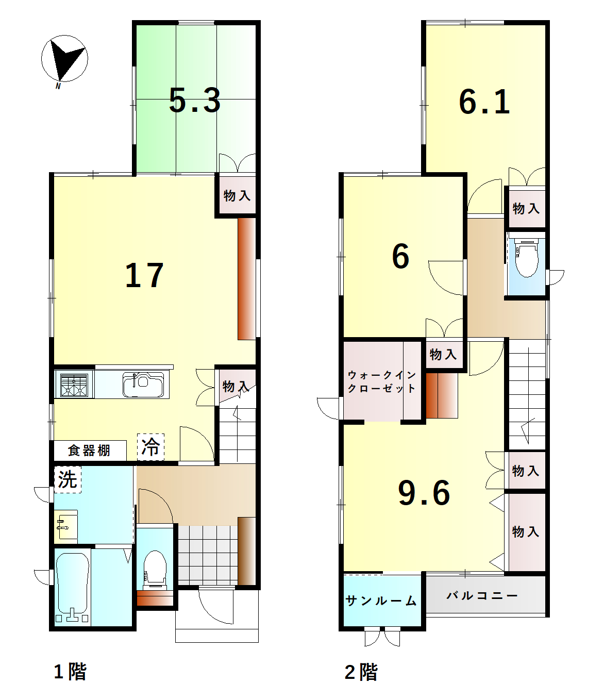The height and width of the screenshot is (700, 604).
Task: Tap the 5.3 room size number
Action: coord(195,101)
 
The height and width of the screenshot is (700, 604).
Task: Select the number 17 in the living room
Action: coord(145,276)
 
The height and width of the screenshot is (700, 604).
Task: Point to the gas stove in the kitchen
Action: coord(74,385)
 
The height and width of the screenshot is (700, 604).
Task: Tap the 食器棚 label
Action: coord(89,451)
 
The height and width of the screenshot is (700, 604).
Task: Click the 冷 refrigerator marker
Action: coord(150,447)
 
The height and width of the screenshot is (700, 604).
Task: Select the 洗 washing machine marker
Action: coord(68,479)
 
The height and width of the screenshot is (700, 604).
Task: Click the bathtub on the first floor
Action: coord(73,588)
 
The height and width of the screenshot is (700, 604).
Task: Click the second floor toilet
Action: coord(527,258)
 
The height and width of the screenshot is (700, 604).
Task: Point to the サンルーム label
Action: coord(381,601)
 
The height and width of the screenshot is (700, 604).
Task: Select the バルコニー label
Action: coord(482,595)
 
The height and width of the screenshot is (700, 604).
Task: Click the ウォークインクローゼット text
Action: coord(382,381)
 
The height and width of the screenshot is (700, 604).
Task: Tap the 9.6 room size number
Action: coord(424,493)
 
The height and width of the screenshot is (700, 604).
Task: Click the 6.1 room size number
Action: coord(484,102)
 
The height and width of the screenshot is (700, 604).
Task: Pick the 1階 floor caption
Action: coord(71,672)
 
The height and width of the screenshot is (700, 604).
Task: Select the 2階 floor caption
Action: coord(361,672)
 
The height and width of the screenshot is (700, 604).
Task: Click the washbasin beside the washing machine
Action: coord(66,527)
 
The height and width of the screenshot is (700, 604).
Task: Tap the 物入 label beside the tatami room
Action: coord(237,195)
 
